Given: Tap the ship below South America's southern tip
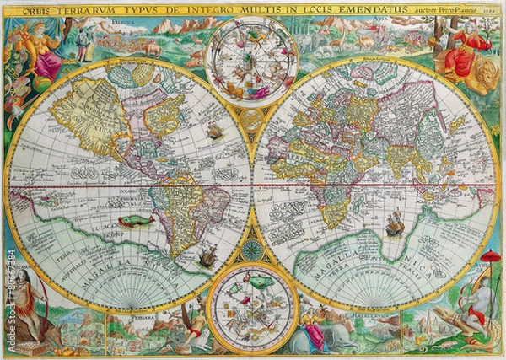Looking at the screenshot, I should pyautogui.click(x=205, y=258).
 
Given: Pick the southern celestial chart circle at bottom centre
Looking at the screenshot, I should pyautogui.click(x=252, y=304).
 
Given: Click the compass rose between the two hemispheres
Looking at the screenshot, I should pyautogui.click(x=252, y=250).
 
